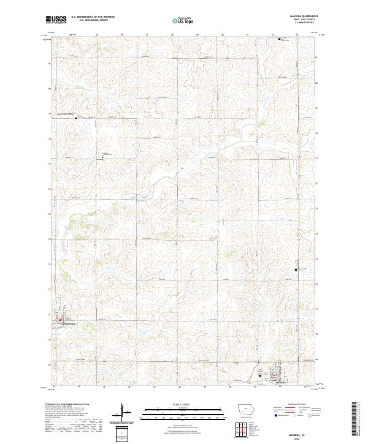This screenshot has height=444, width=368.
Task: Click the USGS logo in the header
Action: pyautogui.click(x=56, y=20)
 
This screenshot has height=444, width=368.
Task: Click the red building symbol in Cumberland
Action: pyautogui.click(x=59, y=318)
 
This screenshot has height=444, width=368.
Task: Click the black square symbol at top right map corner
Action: pyautogui.click(x=280, y=39)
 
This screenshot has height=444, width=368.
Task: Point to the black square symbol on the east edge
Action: pyautogui.click(x=296, y=269)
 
